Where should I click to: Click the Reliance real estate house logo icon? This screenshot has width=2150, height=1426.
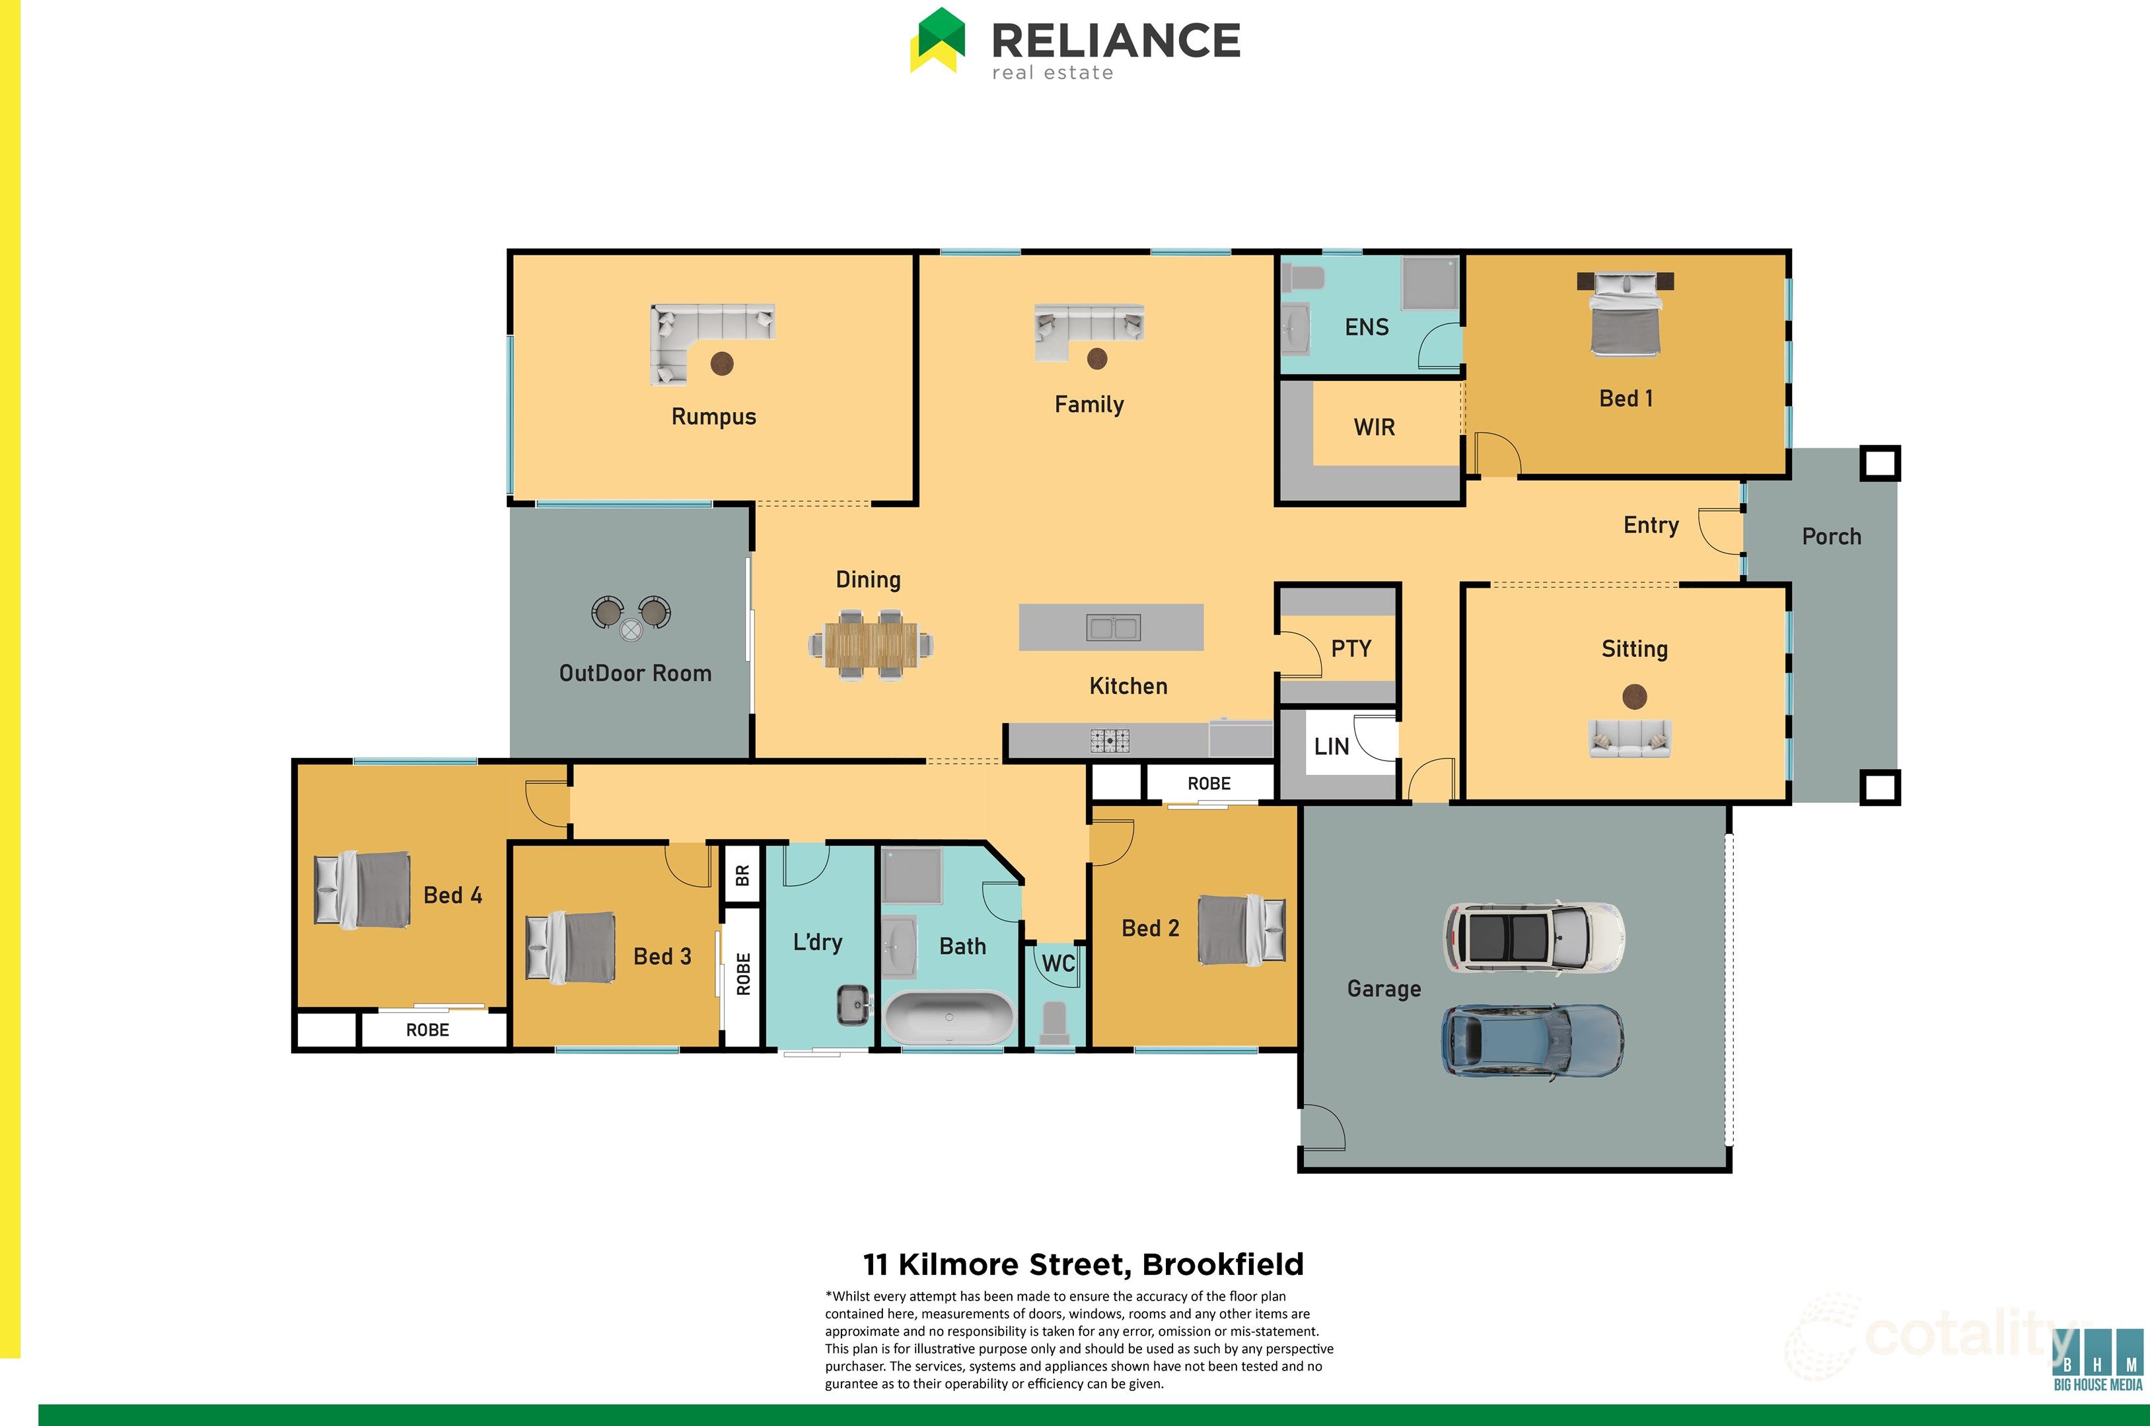pyautogui.click(x=937, y=40)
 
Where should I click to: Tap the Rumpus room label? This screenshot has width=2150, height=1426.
pyautogui.click(x=713, y=417)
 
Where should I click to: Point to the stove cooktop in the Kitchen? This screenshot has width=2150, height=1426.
pyautogui.click(x=1110, y=740)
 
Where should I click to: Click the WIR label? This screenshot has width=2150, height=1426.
pyautogui.click(x=1374, y=427)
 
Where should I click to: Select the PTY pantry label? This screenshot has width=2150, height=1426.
pyautogui.click(x=1351, y=648)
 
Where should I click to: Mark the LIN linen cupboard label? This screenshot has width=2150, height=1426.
pyautogui.click(x=1331, y=747)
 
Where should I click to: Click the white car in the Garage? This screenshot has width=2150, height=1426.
pyautogui.click(x=1534, y=937)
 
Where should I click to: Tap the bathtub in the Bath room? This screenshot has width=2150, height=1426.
pyautogui.click(x=949, y=1017)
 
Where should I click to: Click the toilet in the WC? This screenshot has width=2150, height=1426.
pyautogui.click(x=1056, y=1024)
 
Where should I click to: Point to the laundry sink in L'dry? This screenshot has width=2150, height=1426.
pyautogui.click(x=853, y=1005)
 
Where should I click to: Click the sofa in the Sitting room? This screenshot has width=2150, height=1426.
pyautogui.click(x=1630, y=739)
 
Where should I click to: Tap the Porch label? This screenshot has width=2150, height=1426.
pyautogui.click(x=1832, y=537)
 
